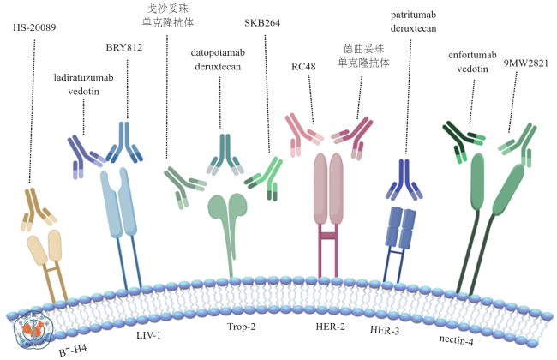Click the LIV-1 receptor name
[x=147, y=334]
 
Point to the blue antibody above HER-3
[x=402, y=177]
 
